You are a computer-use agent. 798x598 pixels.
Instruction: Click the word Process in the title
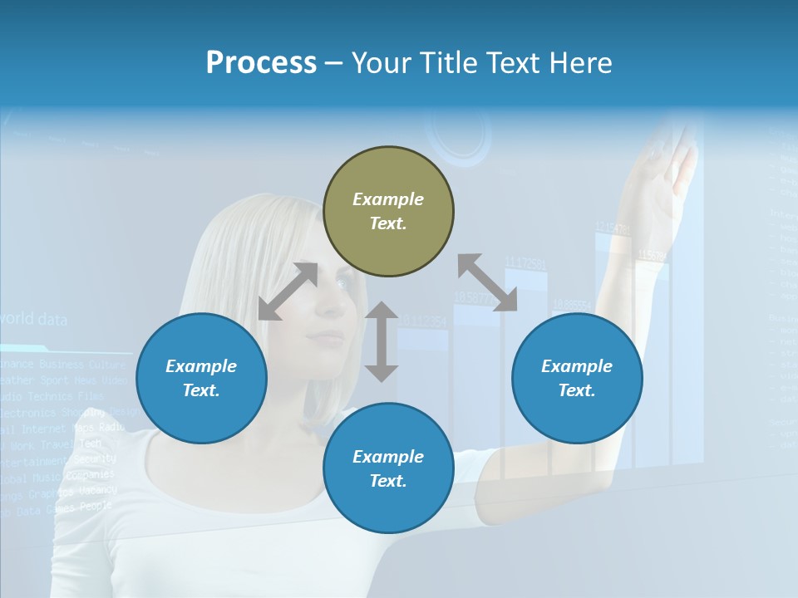261,63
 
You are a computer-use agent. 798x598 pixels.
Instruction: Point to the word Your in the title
382,63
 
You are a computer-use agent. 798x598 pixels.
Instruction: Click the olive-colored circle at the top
388,211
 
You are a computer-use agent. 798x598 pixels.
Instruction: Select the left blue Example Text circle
201,378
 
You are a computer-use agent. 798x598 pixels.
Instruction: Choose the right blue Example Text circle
577,378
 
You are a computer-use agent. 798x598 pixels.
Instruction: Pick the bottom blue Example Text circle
388,468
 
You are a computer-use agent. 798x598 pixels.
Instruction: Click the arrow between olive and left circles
288,291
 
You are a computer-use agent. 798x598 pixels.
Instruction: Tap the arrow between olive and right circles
487,282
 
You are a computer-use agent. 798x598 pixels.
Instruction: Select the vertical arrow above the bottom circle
382,341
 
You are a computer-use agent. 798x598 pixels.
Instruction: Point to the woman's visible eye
342,284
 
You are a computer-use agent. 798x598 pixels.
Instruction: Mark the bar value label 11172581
525,263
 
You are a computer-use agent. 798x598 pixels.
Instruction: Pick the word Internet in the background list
43,429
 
